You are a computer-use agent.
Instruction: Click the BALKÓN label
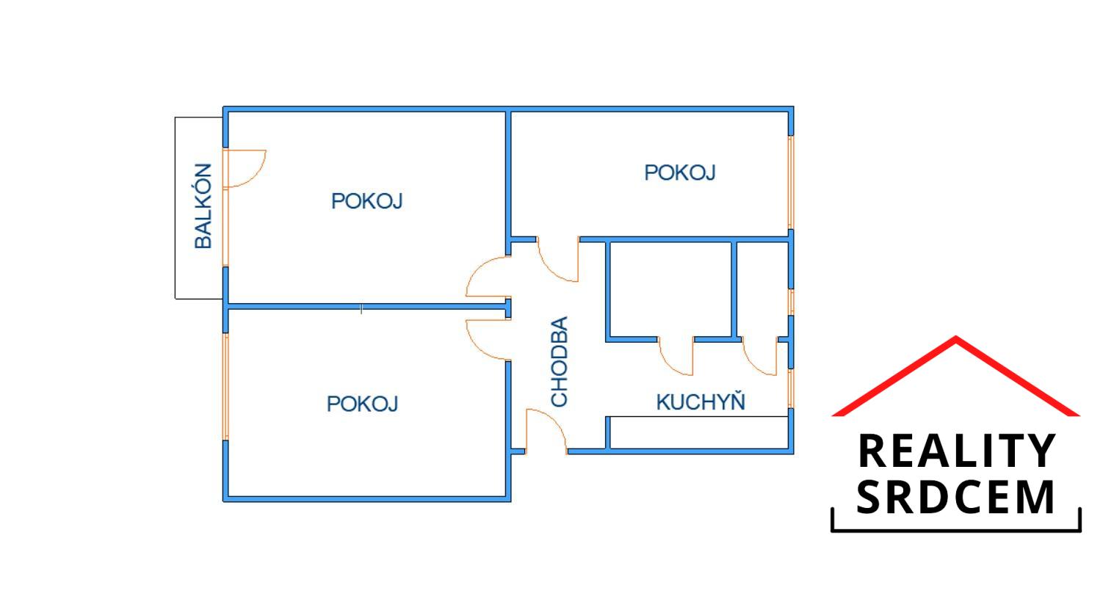click(x=203, y=206)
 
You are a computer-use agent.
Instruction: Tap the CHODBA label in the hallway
click(x=560, y=361)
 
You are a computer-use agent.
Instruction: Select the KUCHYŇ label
click(x=701, y=402)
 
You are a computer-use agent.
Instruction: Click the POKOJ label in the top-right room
click(x=680, y=173)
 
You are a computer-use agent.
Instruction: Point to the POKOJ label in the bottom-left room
click(x=363, y=404)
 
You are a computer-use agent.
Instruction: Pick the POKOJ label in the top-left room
click(x=366, y=201)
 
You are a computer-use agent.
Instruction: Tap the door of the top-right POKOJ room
click(x=558, y=261)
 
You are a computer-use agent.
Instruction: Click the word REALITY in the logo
click(x=956, y=451)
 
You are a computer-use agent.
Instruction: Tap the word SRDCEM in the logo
click(x=956, y=497)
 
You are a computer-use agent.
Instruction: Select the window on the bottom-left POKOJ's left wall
click(x=225, y=387)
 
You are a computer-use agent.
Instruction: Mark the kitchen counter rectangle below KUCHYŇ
click(x=698, y=432)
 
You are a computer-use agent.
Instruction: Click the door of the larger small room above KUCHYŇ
click(x=676, y=357)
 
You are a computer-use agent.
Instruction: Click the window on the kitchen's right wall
click(x=791, y=388)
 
